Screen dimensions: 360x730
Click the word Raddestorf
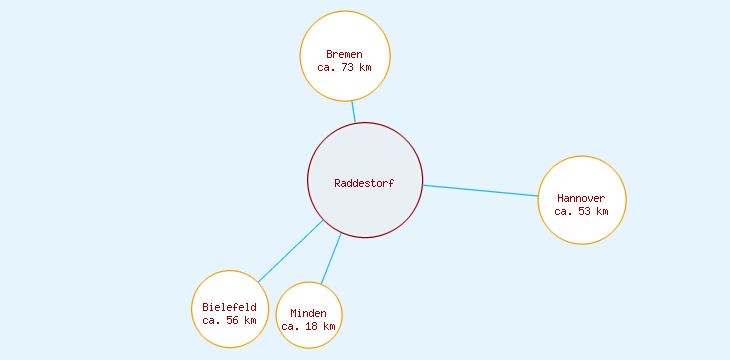click(364, 183)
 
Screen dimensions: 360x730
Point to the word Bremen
click(344, 54)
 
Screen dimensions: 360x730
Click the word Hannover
click(581, 198)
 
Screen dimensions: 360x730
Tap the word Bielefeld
click(229, 307)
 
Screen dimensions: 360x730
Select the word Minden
click(308, 313)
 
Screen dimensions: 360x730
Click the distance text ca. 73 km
click(344, 68)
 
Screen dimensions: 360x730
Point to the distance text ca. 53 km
click(581, 212)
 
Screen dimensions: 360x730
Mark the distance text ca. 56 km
click(229, 321)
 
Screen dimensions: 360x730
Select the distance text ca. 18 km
click(308, 327)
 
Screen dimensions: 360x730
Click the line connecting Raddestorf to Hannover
click(480, 190)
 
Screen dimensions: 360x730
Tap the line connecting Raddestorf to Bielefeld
click(290, 251)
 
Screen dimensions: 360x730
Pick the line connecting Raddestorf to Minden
click(331, 258)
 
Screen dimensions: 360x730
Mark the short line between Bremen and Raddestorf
click(353, 112)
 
